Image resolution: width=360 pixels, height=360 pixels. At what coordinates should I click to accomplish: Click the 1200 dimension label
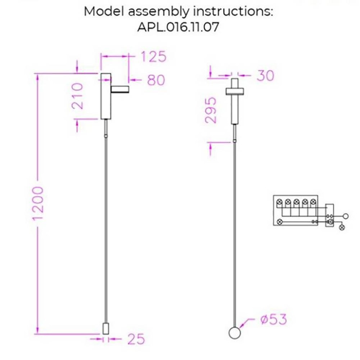[x=37, y=204]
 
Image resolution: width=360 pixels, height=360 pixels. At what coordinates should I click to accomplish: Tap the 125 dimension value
[x=153, y=57]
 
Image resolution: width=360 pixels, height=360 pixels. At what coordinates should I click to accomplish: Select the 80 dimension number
[x=156, y=80]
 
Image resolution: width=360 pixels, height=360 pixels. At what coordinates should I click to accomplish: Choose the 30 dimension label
[x=265, y=76]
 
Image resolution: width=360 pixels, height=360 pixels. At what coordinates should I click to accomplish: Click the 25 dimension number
[x=136, y=339]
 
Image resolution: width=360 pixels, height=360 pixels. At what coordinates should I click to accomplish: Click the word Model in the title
[x=104, y=11]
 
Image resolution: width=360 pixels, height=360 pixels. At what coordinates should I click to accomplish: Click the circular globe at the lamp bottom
[x=234, y=333]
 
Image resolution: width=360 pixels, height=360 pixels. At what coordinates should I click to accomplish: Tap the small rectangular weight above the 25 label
[x=105, y=328]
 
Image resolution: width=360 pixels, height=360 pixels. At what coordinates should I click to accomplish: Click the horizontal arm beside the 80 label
[x=121, y=89]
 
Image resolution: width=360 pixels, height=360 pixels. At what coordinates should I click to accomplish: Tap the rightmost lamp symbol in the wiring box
[x=342, y=227]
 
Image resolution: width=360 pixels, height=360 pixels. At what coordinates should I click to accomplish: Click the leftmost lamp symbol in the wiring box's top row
[x=279, y=203]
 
